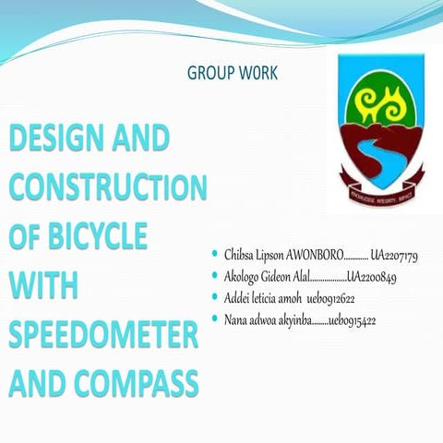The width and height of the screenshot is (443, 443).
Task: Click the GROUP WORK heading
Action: pyautogui.click(x=232, y=72)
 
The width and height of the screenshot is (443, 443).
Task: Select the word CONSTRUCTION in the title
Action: pyautogui.click(x=109, y=188)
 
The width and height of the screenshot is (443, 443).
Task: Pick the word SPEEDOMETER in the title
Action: pyautogui.click(x=103, y=332)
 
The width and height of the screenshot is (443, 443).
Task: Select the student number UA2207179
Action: pyautogui.click(x=394, y=254)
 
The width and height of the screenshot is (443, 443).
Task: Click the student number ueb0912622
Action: pyautogui.click(x=331, y=298)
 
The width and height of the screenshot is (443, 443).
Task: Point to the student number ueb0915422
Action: pyautogui.click(x=351, y=320)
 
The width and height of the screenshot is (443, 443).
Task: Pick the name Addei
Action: pyautogui.click(x=238, y=298)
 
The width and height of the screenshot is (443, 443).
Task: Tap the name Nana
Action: pyautogui.click(x=237, y=320)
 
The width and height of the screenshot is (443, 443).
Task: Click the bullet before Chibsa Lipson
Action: pyautogui.click(x=215, y=253)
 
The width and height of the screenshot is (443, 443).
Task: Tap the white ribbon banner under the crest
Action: pyautogui.click(x=380, y=173)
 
